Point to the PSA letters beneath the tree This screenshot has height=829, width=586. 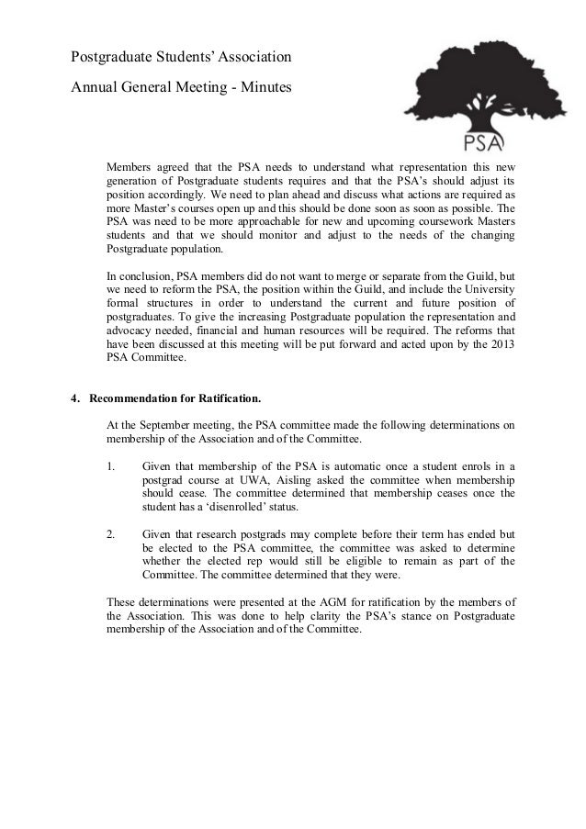(x=482, y=143)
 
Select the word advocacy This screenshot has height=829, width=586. (x=130, y=330)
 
